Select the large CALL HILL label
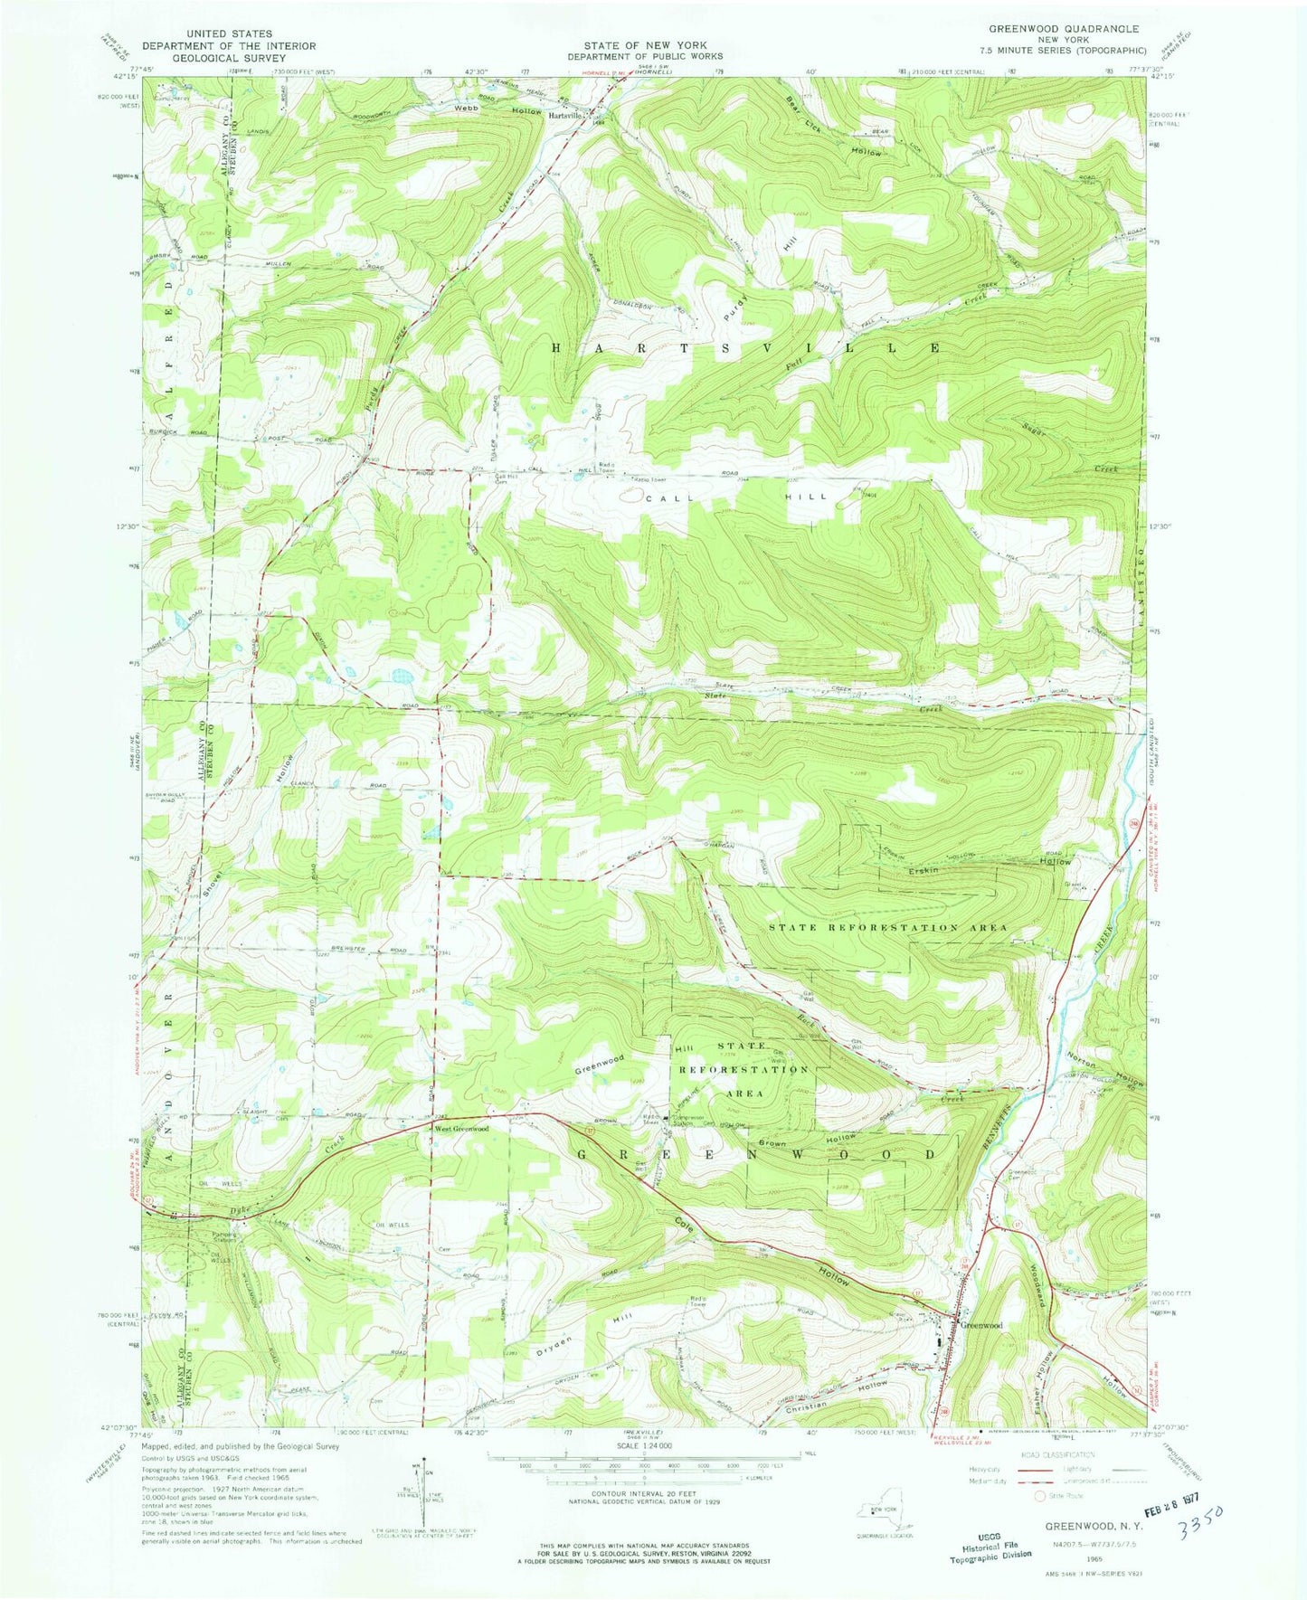click(x=737, y=498)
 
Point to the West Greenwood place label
click(x=461, y=1129)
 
